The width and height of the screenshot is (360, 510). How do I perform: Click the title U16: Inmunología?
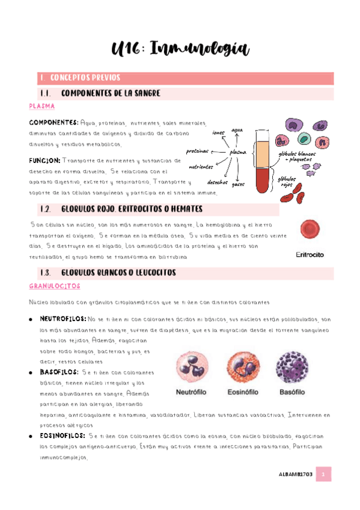click(180, 49)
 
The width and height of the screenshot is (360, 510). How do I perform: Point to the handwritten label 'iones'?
click(218, 132)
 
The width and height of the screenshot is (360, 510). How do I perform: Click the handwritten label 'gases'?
click(238, 184)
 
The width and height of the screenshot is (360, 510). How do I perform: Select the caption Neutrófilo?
click(196, 392)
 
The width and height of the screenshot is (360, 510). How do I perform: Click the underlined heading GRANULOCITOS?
click(58, 286)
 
